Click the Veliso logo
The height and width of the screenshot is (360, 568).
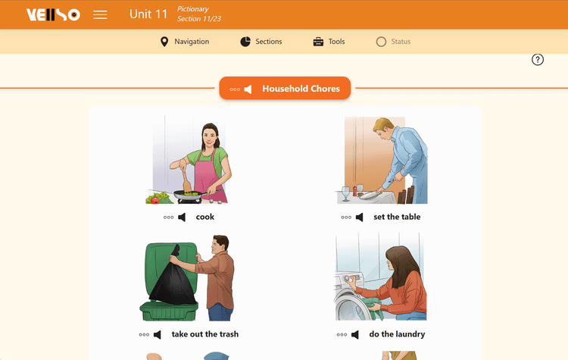[x=53, y=15]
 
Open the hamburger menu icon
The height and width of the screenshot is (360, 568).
[x=100, y=15]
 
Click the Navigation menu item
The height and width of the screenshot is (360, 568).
[x=185, y=42]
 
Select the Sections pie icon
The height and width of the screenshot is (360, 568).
[x=245, y=42]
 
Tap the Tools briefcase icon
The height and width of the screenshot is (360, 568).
[x=318, y=42]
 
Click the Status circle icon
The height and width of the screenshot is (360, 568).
[x=381, y=42]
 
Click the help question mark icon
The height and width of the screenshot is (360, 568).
[x=538, y=59]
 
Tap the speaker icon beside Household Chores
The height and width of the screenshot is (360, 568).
[x=248, y=89]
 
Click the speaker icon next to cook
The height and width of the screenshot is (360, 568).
[x=182, y=218]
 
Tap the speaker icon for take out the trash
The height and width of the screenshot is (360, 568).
[x=158, y=335]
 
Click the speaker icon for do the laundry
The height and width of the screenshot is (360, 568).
[x=355, y=335]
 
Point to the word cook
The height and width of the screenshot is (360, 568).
[x=205, y=217]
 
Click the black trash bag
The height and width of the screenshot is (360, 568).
[x=173, y=278]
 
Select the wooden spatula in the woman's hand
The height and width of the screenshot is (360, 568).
[x=186, y=180]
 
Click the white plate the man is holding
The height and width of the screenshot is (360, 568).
[x=370, y=195]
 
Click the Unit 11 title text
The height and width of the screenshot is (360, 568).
[x=148, y=14]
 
